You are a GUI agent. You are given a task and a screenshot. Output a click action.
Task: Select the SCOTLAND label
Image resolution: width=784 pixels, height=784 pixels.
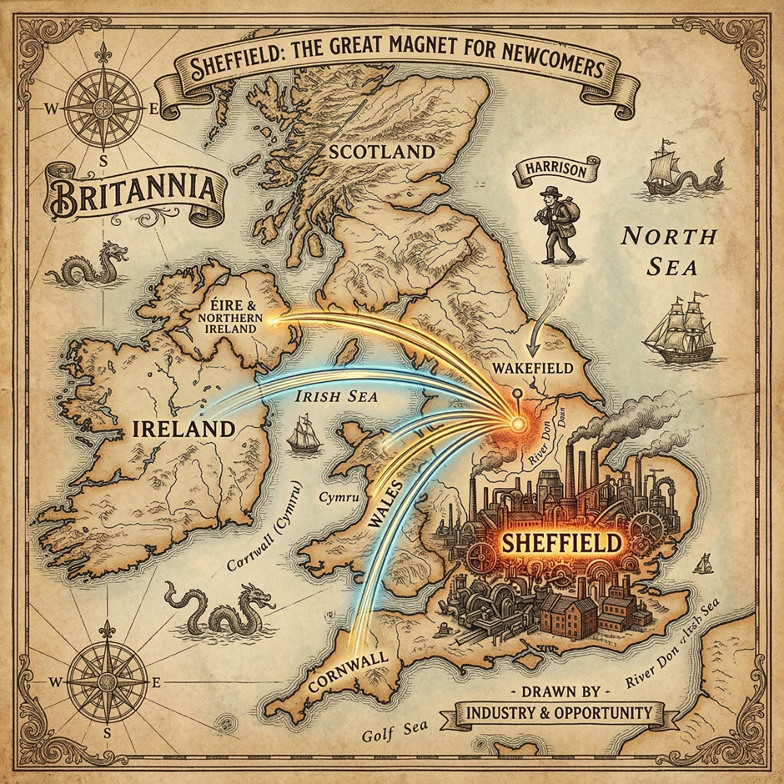pyautogui.click(x=381, y=152)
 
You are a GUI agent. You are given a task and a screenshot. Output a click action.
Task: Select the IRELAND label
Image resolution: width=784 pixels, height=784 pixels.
pyautogui.click(x=182, y=430)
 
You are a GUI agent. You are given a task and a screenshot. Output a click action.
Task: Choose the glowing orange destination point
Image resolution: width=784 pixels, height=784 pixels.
pyautogui.click(x=517, y=424)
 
